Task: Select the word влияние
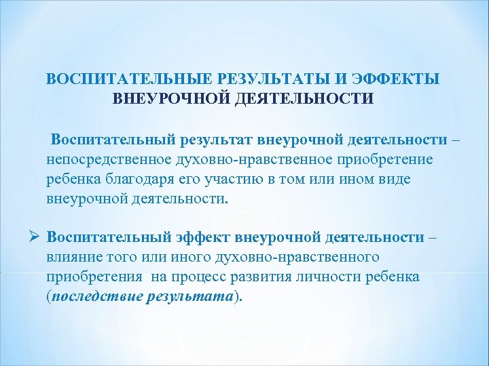[72, 258]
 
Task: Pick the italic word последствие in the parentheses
[96, 297]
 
